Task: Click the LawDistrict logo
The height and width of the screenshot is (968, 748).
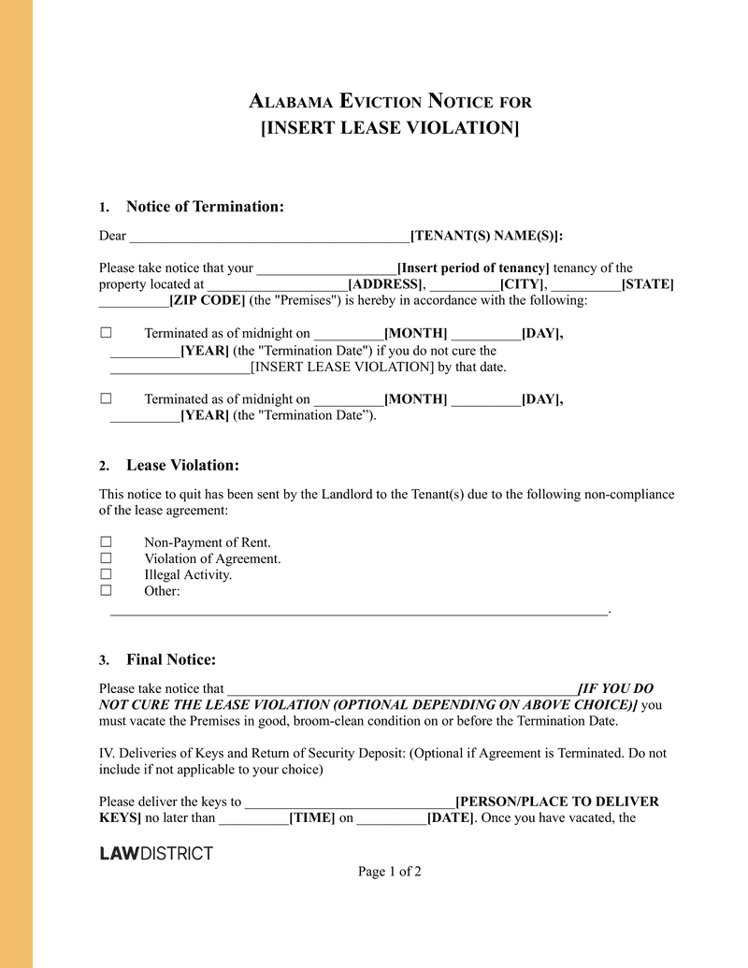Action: pyautogui.click(x=156, y=853)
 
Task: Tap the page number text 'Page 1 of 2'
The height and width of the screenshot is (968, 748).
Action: pyautogui.click(x=389, y=872)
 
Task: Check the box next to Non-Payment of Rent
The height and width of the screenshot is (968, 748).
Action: pyautogui.click(x=106, y=542)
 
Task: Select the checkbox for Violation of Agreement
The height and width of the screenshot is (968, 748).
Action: pyautogui.click(x=106, y=558)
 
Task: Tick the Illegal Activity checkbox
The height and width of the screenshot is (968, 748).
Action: pyautogui.click(x=106, y=574)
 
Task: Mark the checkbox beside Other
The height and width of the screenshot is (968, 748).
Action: pyautogui.click(x=106, y=590)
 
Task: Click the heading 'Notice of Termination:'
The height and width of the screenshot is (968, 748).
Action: pyautogui.click(x=205, y=207)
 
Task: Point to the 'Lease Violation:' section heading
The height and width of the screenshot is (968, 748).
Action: pyautogui.click(x=182, y=466)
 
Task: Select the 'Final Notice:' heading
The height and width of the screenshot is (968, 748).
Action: pyautogui.click(x=171, y=659)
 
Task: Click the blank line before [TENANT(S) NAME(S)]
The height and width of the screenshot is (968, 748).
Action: pyautogui.click(x=269, y=237)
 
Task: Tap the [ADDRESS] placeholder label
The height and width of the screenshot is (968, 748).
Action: pyautogui.click(x=385, y=284)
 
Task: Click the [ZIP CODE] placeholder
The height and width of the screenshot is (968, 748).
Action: pyautogui.click(x=207, y=300)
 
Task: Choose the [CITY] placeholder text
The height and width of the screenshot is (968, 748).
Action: pyautogui.click(x=523, y=284)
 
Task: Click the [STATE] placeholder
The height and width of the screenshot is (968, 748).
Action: pyautogui.click(x=647, y=284)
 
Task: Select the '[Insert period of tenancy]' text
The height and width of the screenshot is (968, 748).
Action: pyautogui.click(x=473, y=268)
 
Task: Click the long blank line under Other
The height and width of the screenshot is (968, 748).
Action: pyautogui.click(x=359, y=612)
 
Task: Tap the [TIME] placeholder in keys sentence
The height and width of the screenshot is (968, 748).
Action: pyautogui.click(x=312, y=818)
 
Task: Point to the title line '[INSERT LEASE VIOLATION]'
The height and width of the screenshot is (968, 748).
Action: pyautogui.click(x=389, y=127)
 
